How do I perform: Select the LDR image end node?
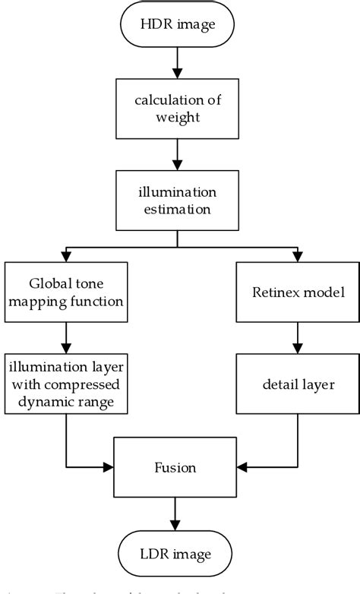(x=177, y=553)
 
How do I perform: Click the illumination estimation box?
(x=177, y=201)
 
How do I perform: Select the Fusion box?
(x=177, y=466)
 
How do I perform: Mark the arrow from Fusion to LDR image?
(x=177, y=513)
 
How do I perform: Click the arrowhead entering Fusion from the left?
(x=109, y=466)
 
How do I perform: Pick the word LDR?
(x=154, y=553)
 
